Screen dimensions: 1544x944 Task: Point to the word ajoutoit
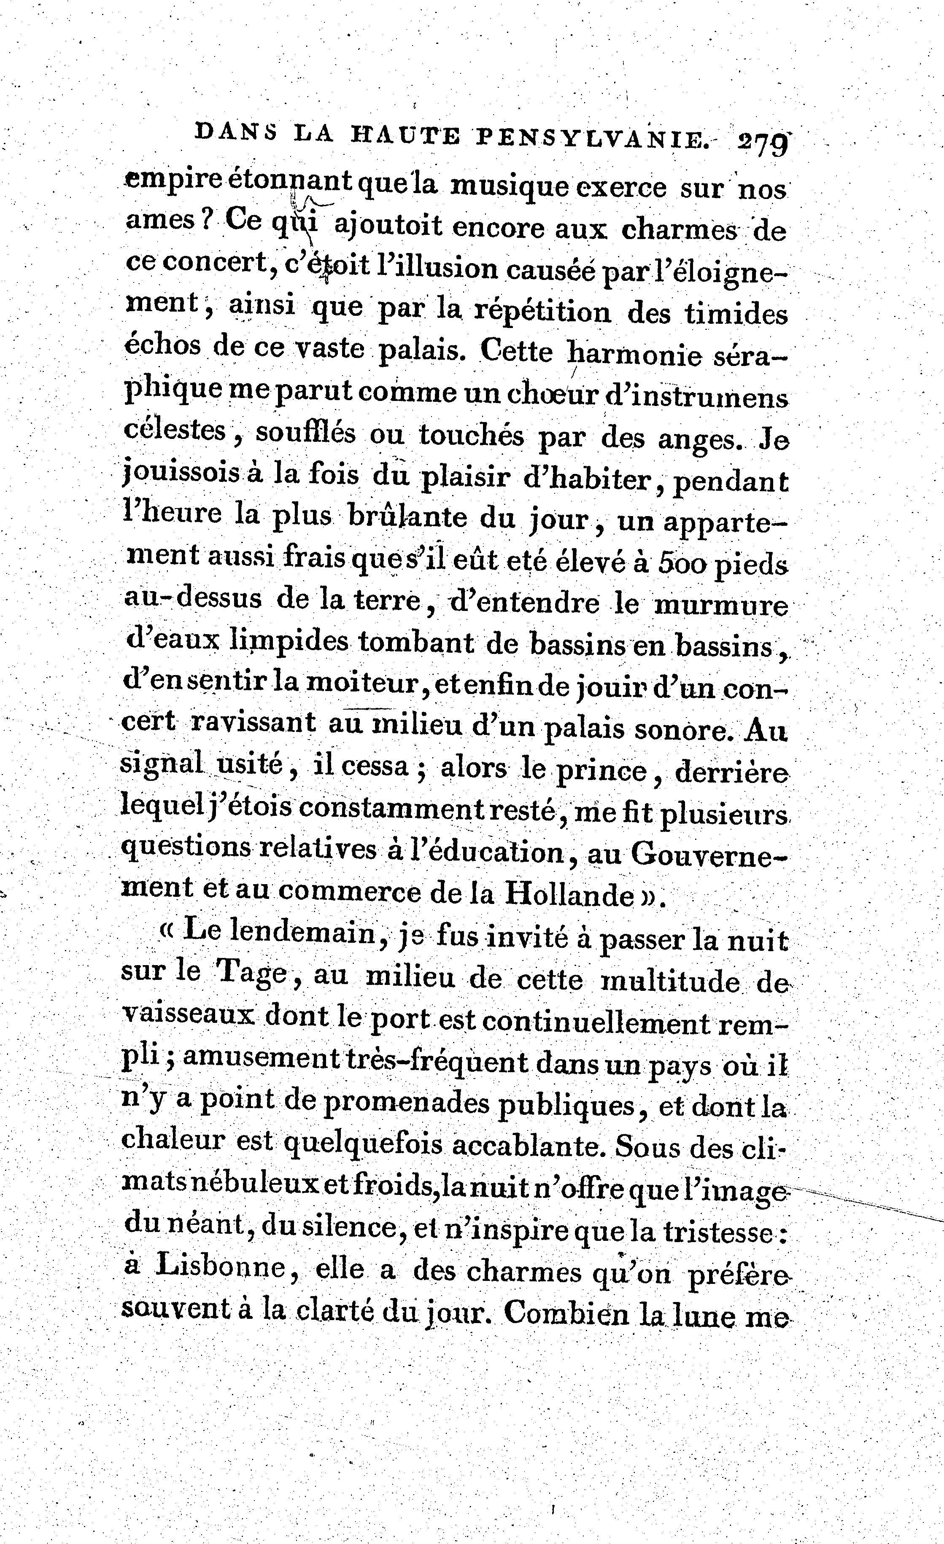[388, 227]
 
